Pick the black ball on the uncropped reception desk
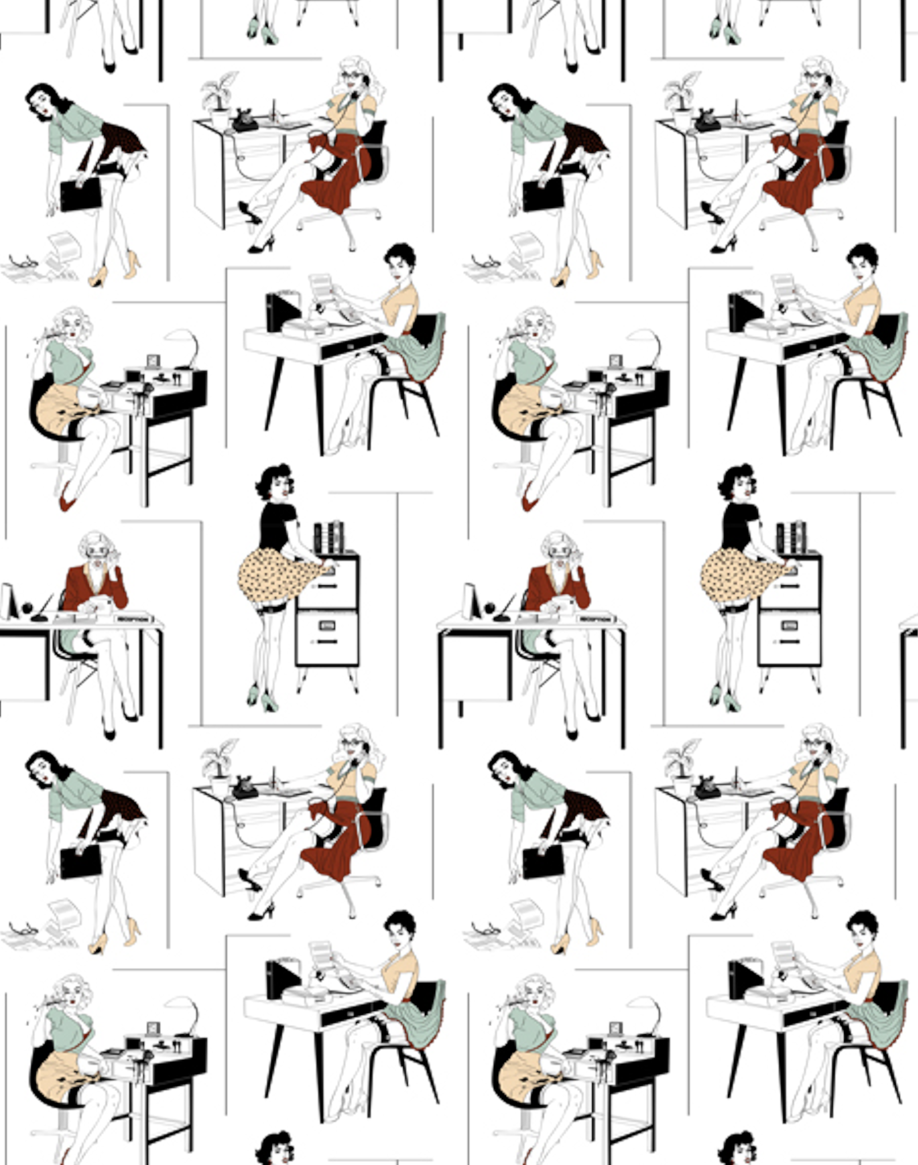[488, 609]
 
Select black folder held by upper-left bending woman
[81, 195]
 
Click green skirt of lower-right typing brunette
[876, 1021]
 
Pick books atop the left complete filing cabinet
[329, 537]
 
